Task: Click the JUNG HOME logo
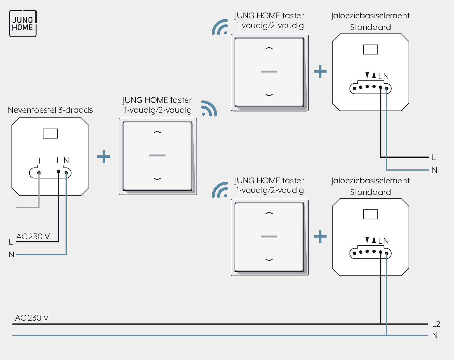23,23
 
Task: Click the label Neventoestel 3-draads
50,110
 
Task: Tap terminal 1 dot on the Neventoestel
39,173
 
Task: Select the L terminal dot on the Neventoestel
59,172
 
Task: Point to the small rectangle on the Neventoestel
50,134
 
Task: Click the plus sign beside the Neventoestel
104,157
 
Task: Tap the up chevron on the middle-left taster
157,132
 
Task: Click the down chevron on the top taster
269,95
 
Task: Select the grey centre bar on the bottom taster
269,236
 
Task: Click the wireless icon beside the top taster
220,27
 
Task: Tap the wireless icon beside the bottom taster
220,190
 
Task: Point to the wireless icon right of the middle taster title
209,108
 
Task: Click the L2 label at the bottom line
436,324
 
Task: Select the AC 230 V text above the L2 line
32,318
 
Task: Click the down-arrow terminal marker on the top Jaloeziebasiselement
367,75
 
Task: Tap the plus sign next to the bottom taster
320,236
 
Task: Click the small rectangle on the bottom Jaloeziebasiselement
370,214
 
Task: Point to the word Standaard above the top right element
370,27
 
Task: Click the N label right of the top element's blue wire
434,170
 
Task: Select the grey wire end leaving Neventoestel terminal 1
17,208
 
